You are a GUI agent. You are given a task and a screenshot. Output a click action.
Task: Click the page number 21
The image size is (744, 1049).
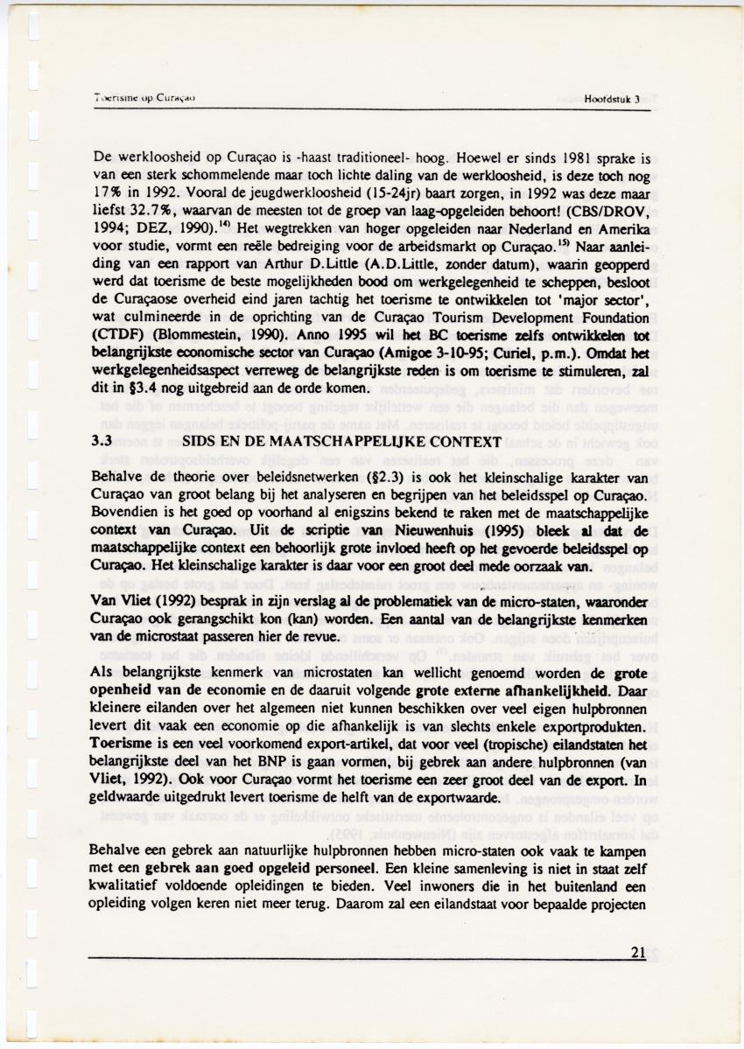[x=638, y=954]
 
